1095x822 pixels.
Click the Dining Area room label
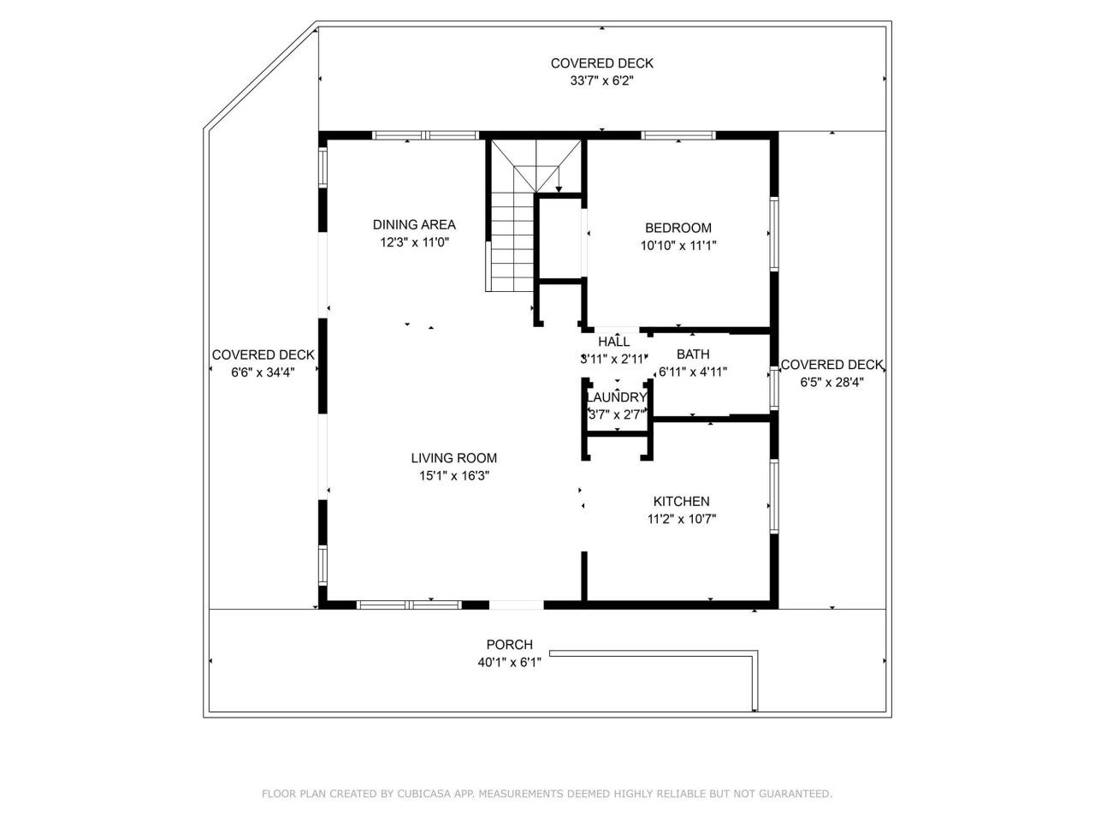[414, 225]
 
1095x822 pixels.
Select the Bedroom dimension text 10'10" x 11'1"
[678, 246]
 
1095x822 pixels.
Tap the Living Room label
[453, 458]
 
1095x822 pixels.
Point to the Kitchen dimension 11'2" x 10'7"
[681, 519]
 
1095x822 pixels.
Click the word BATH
[693, 354]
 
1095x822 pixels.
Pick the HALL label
[614, 342]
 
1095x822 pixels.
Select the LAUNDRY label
[616, 397]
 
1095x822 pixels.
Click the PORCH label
[509, 645]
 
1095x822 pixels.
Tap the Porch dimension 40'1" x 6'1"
[509, 662]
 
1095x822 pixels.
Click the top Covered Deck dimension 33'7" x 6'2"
[601, 80]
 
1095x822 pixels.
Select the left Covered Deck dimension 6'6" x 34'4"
[263, 372]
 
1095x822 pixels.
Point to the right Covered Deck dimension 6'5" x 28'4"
[832, 383]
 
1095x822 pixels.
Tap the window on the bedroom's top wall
[678, 135]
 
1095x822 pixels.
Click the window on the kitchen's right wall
[774, 497]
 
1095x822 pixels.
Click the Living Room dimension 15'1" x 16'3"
[453, 476]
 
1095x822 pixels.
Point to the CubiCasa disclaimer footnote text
[547, 794]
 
